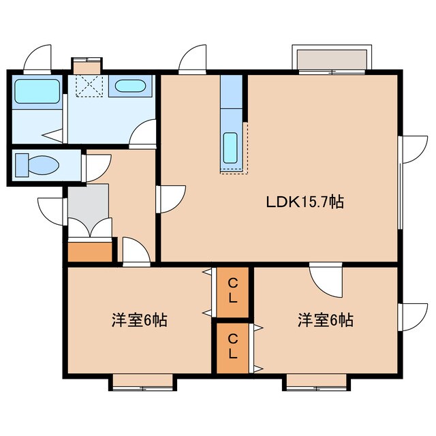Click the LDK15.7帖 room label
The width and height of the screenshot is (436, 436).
tap(304, 202)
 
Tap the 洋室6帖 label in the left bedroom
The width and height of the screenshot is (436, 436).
tap(140, 320)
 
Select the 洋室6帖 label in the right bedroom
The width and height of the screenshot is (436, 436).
tap(325, 320)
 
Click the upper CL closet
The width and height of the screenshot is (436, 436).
tap(233, 292)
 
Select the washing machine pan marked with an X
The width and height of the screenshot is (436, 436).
tap(87, 86)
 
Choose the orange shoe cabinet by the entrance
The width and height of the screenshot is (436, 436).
tap(90, 251)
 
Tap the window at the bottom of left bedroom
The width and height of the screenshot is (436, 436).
tap(142, 383)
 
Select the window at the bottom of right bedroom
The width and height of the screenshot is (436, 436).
tap(317, 383)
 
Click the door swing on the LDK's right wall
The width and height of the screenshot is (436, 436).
tap(413, 149)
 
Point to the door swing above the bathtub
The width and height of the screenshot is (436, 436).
tap(38, 59)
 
